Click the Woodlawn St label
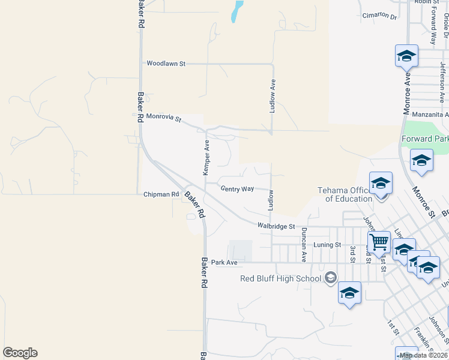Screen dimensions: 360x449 (166, 63)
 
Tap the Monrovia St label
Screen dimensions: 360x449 (163, 118)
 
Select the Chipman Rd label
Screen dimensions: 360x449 (161, 194)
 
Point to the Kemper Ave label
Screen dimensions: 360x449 (206, 158)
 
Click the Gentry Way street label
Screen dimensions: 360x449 (237, 189)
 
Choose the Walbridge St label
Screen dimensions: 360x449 (276, 227)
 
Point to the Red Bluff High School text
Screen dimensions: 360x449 (281, 278)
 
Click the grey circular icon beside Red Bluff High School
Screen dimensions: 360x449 (330, 277)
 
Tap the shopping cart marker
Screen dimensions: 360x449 (379, 242)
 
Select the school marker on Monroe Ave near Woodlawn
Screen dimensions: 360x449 (406, 56)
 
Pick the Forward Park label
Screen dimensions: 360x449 (425, 139)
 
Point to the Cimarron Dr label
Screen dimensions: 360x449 (379, 17)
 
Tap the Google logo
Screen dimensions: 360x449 (20, 353)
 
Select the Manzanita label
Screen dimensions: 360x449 (434, 114)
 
